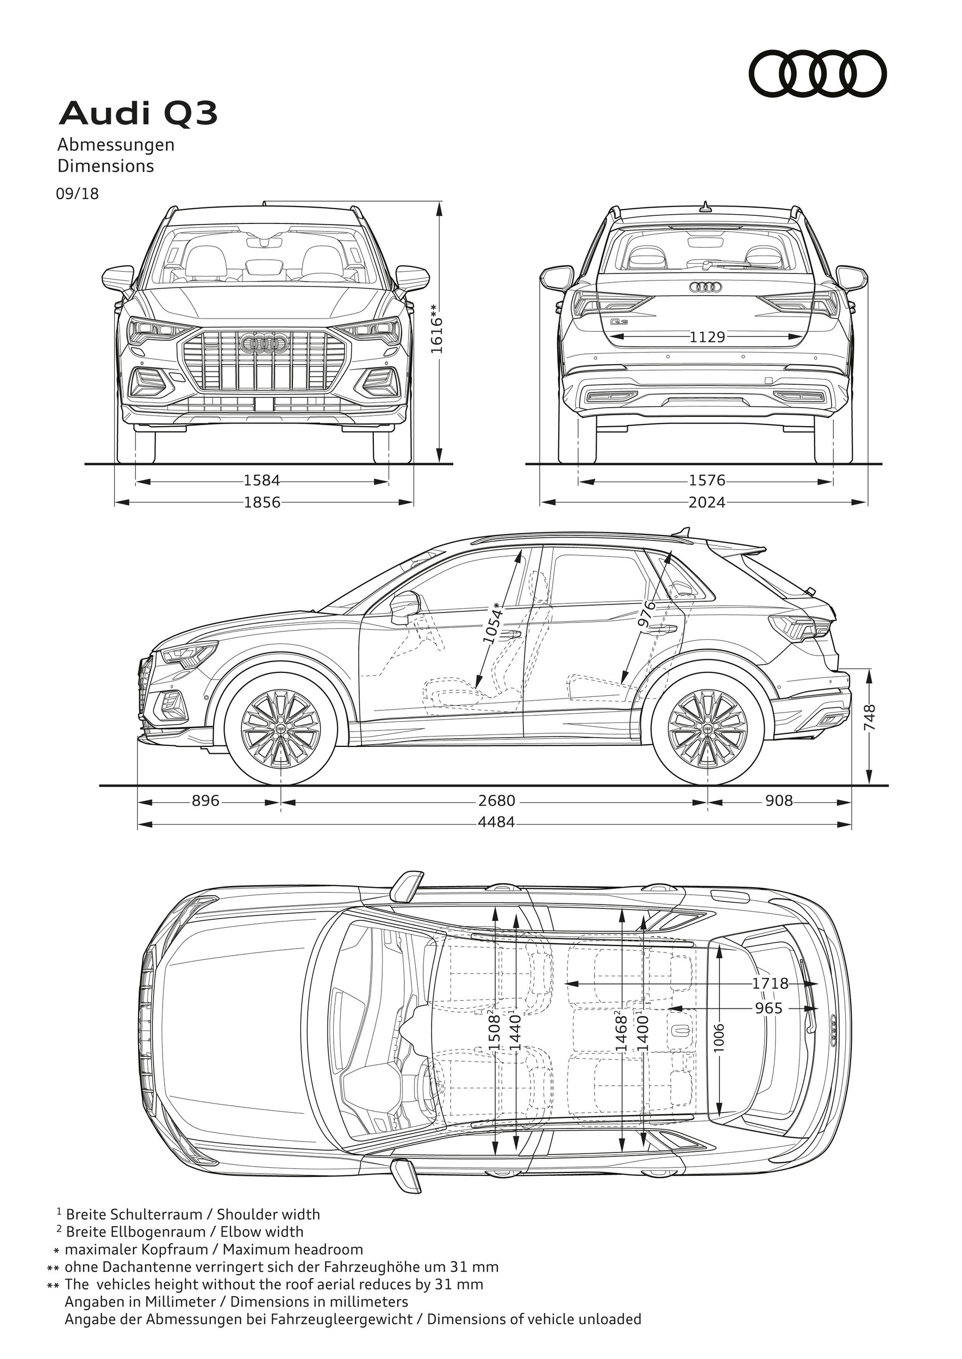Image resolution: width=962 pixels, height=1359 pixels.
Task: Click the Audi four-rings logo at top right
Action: tap(818, 73)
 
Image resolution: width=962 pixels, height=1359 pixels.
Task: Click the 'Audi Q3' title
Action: tap(138, 114)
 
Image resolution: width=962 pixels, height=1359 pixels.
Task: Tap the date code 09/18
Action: tap(77, 193)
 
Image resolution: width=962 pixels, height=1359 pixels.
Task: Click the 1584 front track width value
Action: tap(262, 481)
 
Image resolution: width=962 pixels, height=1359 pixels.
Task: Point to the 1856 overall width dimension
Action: tap(262, 502)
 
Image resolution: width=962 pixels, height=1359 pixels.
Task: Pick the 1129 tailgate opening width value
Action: tap(707, 337)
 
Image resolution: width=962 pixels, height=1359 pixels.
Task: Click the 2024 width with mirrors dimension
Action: tap(707, 502)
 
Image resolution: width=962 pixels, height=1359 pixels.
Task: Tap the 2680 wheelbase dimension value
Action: tap(496, 801)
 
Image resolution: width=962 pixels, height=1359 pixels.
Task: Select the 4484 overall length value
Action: tap(496, 822)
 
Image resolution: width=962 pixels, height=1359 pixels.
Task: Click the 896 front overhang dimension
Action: tap(205, 801)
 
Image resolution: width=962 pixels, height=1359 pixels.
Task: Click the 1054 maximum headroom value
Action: tap(492, 622)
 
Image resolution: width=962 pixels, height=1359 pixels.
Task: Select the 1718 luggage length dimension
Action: tap(770, 983)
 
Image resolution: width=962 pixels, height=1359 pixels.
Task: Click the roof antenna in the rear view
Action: tap(705, 207)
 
